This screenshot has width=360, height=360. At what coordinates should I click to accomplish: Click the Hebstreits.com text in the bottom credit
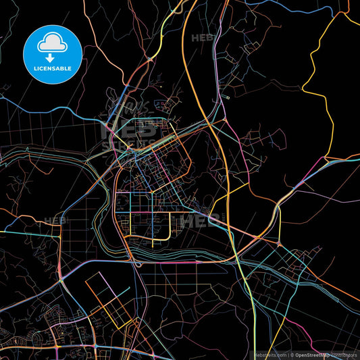(x=270, y=354)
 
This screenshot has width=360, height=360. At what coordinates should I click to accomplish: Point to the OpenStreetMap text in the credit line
(x=315, y=354)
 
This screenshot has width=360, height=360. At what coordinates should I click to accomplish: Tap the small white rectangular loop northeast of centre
(x=228, y=97)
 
